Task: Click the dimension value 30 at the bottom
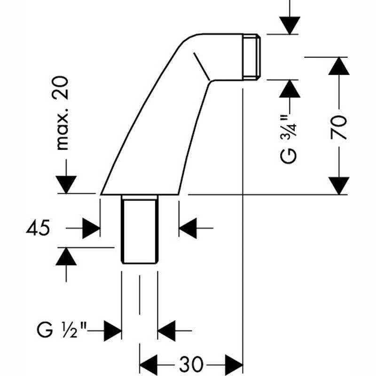(x=191, y=363)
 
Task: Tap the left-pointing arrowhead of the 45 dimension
(x=188, y=228)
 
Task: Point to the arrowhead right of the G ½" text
(x=113, y=330)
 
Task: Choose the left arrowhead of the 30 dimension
(x=149, y=364)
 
